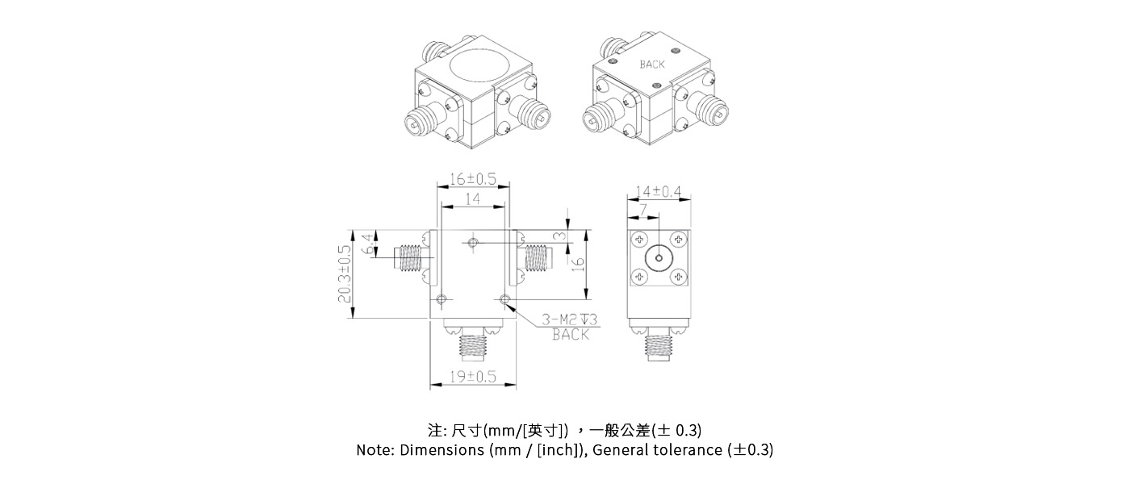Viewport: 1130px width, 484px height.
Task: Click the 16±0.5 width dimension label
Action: (473, 179)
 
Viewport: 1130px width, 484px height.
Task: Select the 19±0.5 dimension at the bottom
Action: (473, 377)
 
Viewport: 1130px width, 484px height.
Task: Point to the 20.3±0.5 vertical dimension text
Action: (346, 274)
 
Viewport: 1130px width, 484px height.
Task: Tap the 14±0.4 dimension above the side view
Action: (659, 191)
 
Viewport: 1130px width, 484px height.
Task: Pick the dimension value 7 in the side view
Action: (642, 210)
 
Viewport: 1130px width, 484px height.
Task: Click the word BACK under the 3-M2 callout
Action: (571, 335)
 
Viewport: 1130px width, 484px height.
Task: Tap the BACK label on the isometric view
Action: (652, 65)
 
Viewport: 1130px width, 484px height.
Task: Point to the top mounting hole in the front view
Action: (473, 242)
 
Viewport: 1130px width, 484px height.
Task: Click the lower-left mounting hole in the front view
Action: (441, 300)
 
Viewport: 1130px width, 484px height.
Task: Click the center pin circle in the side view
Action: (659, 259)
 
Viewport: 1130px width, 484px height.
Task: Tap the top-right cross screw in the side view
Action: (678, 240)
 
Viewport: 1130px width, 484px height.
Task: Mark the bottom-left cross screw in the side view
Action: (639, 278)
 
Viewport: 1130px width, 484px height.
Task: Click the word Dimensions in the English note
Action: (442, 450)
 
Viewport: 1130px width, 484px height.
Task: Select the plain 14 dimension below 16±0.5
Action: (473, 198)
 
